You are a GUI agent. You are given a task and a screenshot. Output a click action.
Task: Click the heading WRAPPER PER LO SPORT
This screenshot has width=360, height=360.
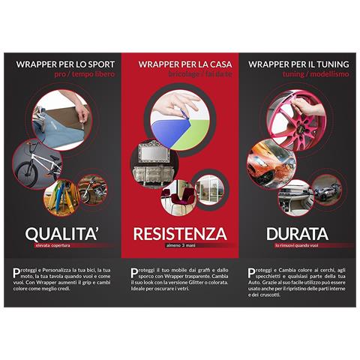[65, 64]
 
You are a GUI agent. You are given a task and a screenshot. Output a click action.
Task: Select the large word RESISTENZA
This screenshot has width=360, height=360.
[180, 233]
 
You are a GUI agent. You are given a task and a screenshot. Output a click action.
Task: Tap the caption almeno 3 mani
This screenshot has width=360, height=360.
[180, 246]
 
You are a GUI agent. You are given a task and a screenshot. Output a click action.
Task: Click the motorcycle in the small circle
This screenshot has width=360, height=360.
[93, 190]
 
